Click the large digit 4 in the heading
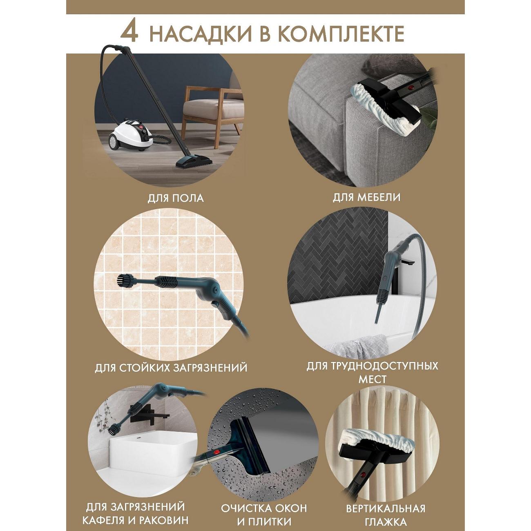(x=129, y=33)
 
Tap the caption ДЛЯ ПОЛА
(x=176, y=199)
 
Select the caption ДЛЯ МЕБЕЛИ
(x=366, y=198)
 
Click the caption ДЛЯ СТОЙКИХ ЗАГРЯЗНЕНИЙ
(x=171, y=368)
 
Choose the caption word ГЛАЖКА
(x=386, y=514)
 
